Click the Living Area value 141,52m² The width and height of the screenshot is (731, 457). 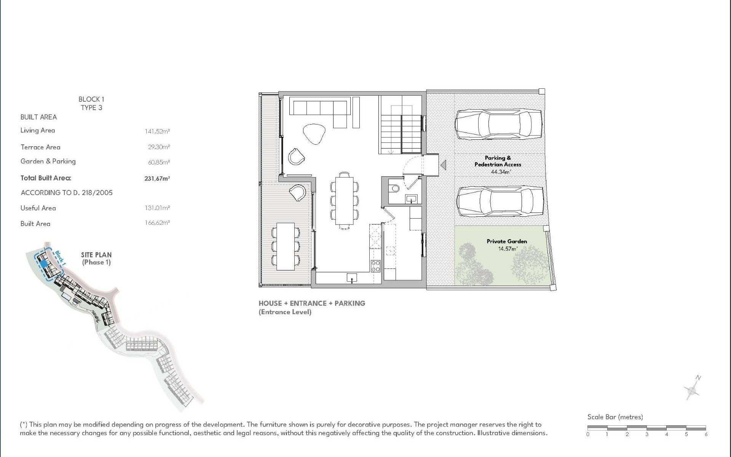click(157, 131)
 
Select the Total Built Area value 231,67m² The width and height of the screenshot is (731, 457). click(157, 178)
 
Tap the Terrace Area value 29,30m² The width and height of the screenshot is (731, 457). click(159, 147)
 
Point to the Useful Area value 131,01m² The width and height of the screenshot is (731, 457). click(157, 208)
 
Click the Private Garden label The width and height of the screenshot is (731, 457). click(507, 241)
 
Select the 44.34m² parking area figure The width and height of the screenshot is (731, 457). click(501, 172)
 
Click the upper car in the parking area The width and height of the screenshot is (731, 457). click(498, 125)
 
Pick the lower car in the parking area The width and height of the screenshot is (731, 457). click(500, 202)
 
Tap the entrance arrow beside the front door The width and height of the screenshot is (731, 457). click(443, 165)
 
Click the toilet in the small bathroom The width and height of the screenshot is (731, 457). click(394, 188)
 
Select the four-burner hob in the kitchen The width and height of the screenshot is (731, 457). click(375, 266)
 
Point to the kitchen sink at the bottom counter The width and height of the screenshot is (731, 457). click(352, 278)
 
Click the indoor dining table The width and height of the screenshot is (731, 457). click(344, 201)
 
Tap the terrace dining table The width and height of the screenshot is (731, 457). click(286, 246)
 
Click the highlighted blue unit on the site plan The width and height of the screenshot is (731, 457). click(43, 263)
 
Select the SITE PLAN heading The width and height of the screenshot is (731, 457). click(96, 255)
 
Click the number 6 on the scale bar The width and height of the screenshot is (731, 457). click(706, 434)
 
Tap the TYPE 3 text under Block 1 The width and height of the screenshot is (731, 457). click(91, 108)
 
